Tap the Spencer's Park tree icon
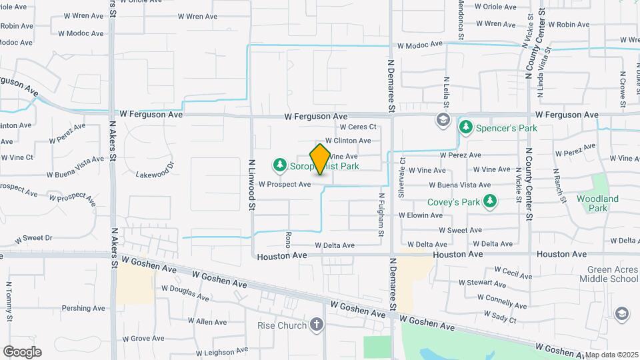click(465, 126)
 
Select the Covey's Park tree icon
click(491, 201)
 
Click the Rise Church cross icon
click(316, 325)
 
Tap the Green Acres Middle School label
click(613, 275)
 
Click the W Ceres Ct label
click(358, 127)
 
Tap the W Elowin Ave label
click(420, 215)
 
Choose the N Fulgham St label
click(382, 214)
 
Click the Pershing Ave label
click(83, 309)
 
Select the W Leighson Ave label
click(208, 352)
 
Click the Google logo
click(22, 352)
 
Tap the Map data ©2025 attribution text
click(611, 355)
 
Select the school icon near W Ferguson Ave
click(442, 120)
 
